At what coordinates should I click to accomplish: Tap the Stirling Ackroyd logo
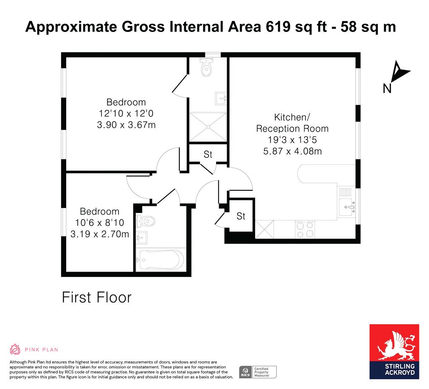[394, 352]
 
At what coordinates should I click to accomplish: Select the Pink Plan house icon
[15, 349]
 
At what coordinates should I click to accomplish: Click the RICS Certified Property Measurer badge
[258, 372]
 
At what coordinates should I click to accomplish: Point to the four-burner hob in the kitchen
[305, 229]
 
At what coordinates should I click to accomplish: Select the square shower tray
[208, 127]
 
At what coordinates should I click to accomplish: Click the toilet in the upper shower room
[206, 67]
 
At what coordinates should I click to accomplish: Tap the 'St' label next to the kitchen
[241, 216]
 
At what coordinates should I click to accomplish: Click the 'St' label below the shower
[208, 154]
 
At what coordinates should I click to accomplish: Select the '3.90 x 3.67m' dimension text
[126, 125]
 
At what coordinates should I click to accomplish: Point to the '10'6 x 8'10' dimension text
[99, 223]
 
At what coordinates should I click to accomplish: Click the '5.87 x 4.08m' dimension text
[292, 151]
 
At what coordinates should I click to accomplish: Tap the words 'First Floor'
[97, 297]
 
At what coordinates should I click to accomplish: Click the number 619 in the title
[278, 27]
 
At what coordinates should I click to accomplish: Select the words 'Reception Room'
[292, 128]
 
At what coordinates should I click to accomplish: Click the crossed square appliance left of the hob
[264, 229]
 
